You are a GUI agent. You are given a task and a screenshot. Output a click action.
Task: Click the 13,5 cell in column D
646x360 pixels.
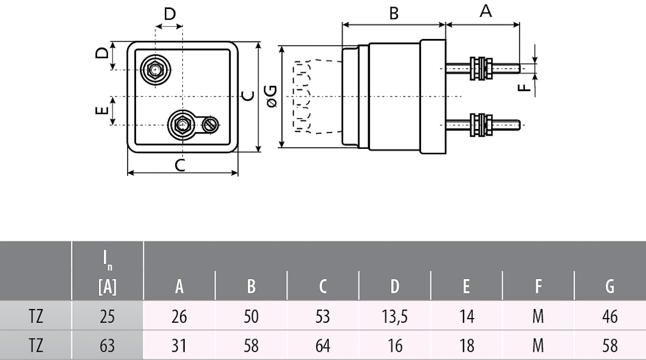coord(395,316)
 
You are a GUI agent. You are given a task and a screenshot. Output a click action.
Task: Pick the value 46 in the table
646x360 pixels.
coord(610,316)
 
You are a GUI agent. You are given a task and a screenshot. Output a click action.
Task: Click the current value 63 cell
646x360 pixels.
coord(107,346)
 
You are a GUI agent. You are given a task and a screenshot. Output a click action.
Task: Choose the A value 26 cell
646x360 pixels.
coord(179,316)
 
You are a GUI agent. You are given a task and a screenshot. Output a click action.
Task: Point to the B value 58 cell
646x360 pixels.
coord(251,346)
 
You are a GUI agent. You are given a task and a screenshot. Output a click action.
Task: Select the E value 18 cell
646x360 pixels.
coord(467,346)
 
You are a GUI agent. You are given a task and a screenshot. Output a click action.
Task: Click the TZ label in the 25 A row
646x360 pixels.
coord(36,316)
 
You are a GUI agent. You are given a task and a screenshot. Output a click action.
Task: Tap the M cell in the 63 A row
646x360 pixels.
coord(538,346)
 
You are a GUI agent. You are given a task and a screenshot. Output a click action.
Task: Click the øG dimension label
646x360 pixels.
coord(271,96)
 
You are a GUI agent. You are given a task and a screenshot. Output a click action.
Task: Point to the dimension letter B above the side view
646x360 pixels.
coord(394,13)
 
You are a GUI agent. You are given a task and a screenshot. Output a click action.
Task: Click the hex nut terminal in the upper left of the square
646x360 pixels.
coord(155,70)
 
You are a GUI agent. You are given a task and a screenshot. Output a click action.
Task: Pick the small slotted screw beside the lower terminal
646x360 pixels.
coord(210,124)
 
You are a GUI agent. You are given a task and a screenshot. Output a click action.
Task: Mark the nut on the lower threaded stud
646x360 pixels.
coord(481,125)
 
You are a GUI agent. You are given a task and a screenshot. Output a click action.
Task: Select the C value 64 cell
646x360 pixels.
coord(323,346)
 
